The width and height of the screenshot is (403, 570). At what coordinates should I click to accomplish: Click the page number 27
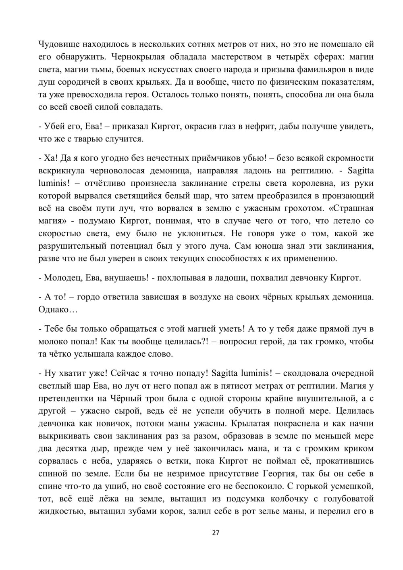point(216,533)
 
